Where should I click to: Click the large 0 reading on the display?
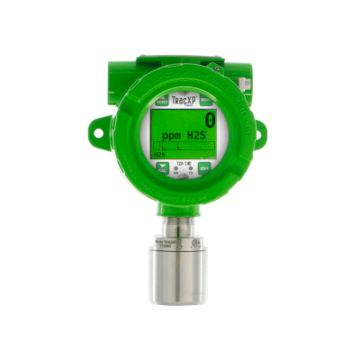[x=210, y=119]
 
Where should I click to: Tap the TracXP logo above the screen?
[x=182, y=102]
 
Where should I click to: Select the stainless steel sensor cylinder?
[x=180, y=270]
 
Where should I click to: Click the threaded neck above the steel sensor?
[x=180, y=220]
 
